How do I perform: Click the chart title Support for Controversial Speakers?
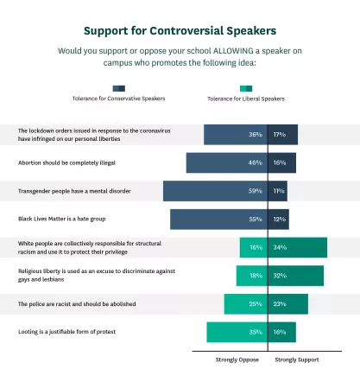[180, 32]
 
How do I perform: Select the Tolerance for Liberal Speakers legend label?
[246, 99]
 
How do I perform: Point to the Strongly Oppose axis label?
[234, 359]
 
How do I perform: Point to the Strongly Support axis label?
[297, 359]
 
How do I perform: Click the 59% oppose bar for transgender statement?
[216, 191]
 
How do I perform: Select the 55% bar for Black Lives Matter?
[219, 220]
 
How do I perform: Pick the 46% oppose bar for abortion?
[227, 163]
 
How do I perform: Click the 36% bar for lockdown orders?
[236, 135]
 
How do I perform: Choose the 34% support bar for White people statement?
[299, 247]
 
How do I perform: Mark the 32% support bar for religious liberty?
[297, 276]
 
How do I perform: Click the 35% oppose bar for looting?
[237, 332]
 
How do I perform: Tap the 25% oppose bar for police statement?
[246, 304]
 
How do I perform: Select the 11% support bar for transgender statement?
[278, 191]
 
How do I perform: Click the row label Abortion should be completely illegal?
[66, 163]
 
